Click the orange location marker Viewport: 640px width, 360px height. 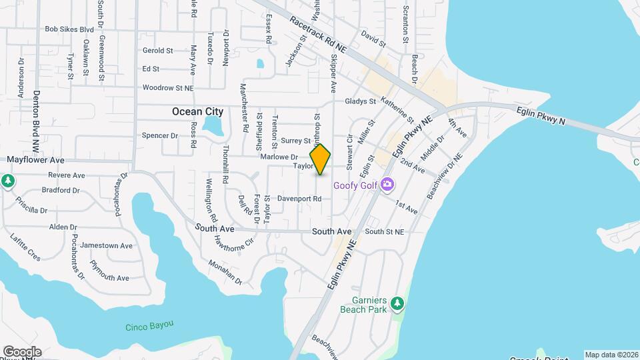[320, 159]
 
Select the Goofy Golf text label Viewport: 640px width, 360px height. [355, 185]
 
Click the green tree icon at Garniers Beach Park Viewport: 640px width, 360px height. [397, 304]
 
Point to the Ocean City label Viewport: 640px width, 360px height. [197, 112]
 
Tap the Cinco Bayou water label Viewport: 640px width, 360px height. [149, 326]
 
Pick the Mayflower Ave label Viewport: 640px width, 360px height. [35, 161]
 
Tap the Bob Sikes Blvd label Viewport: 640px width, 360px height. [69, 29]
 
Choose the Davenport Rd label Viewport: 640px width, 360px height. [299, 199]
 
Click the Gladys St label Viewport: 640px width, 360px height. [361, 101]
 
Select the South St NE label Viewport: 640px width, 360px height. [385, 231]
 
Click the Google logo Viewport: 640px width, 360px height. [22, 351]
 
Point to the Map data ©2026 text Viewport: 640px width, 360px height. [611, 355]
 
